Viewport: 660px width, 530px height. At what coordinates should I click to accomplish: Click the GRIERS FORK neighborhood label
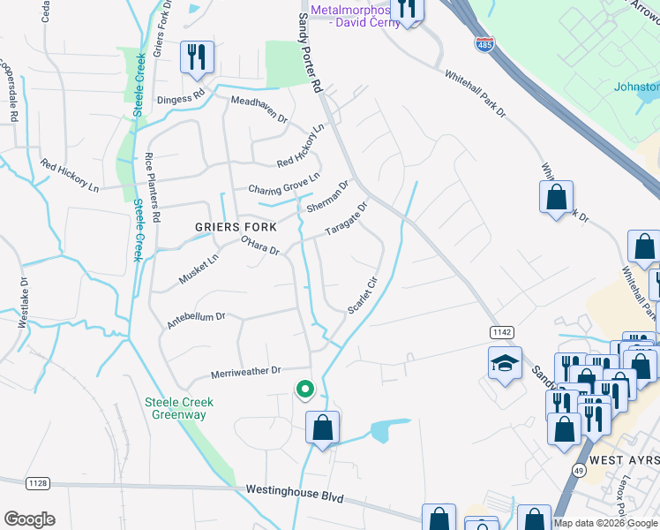pos(229,227)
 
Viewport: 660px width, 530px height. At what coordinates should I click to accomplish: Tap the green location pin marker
pos(305,389)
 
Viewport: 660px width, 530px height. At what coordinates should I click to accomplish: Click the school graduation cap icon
pos(505,364)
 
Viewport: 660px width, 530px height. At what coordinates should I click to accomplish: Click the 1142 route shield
pos(502,330)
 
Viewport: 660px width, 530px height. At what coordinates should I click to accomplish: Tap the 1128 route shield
pos(38,482)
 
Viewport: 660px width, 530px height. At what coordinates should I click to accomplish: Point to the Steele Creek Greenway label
pos(180,408)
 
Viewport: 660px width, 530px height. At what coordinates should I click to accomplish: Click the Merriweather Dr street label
pos(245,372)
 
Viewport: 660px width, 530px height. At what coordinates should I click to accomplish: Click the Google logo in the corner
pos(29,519)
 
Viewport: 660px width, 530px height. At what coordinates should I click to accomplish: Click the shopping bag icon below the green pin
pos(323,428)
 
